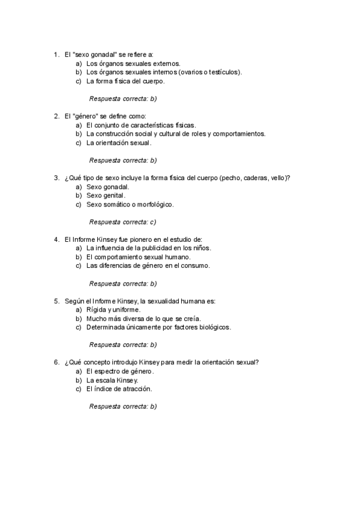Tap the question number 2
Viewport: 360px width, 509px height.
tap(56, 116)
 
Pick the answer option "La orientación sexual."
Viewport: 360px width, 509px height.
tap(119, 143)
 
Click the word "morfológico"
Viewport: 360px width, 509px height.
tap(155, 204)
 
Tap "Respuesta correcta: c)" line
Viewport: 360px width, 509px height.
tap(122, 221)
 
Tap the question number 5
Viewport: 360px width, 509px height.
tap(56, 301)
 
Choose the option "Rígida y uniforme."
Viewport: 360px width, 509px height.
tap(113, 310)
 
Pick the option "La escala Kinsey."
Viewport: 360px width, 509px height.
tap(112, 380)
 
